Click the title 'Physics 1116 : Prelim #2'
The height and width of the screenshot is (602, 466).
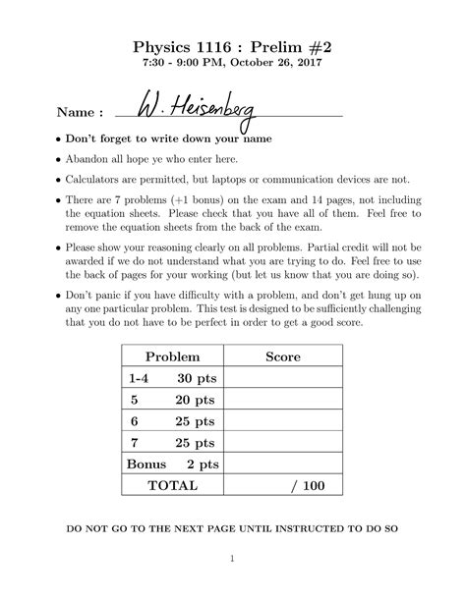pos(232,45)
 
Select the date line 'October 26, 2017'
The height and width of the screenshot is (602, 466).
pos(232,63)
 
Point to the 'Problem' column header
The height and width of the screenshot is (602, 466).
pos(172,356)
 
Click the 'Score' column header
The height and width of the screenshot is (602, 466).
pos(283,356)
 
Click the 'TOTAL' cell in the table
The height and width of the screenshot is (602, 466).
pos(172,486)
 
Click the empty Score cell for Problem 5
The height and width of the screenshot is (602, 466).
pos(284,400)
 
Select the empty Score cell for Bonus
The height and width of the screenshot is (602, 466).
pos(284,465)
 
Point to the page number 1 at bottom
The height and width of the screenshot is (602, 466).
pos(232,561)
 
